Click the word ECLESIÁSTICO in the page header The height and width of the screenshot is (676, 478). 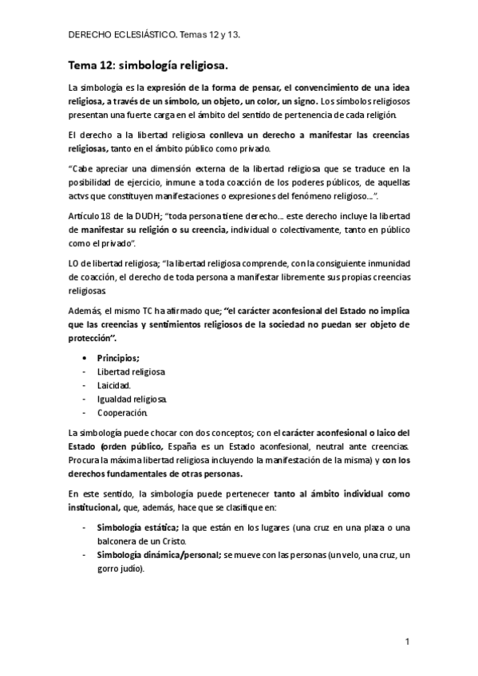click(147, 36)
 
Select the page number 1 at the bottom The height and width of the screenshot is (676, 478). click(406, 641)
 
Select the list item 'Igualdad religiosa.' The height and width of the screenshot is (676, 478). click(132, 399)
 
